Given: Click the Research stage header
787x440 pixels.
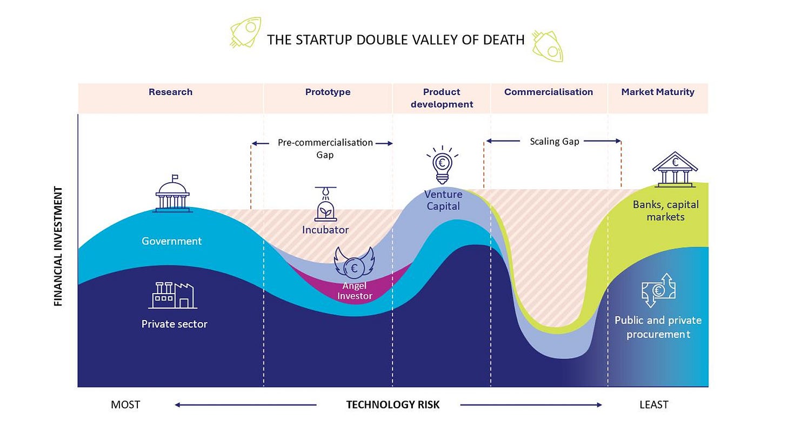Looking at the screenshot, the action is click(170, 92).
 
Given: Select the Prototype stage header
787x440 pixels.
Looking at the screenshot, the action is click(328, 92).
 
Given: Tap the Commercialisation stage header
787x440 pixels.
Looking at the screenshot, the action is click(548, 92).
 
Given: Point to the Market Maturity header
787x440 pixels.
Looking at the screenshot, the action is click(657, 92).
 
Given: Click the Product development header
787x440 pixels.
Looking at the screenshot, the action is click(442, 98).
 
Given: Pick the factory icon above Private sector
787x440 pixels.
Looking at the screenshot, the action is click(172, 295).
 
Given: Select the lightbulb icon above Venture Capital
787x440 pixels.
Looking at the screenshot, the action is click(442, 164).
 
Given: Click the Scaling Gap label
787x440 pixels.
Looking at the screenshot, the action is click(554, 142).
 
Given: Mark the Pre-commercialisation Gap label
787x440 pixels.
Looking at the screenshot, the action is click(325, 149).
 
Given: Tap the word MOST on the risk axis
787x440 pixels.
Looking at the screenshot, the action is click(125, 405).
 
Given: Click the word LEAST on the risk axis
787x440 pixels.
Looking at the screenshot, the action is click(654, 405).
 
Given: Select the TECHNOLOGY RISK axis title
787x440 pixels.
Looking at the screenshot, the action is click(393, 405).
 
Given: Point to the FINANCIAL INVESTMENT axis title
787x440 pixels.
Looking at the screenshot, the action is click(58, 246).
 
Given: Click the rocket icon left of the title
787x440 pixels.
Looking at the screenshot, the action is click(246, 32).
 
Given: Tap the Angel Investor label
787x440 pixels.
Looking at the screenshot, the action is click(355, 291).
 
